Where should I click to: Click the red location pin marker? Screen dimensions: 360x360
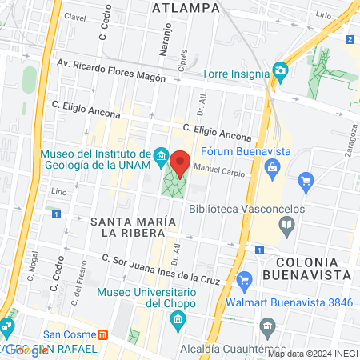point(181,163)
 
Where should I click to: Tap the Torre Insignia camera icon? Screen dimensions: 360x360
point(279,71)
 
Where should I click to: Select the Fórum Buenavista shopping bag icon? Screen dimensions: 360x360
point(272,167)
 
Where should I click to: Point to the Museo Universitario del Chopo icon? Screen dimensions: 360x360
point(178,321)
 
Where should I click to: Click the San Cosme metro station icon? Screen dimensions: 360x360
point(102,334)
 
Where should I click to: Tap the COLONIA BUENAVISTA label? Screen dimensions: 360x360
point(313,268)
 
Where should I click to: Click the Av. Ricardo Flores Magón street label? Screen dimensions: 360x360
point(110,72)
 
